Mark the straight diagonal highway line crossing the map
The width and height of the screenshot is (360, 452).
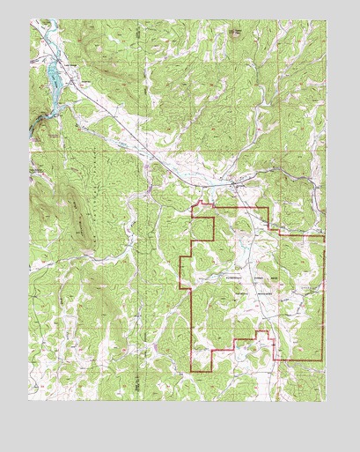point(141,141)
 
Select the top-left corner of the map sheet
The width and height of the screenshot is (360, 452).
point(29,20)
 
